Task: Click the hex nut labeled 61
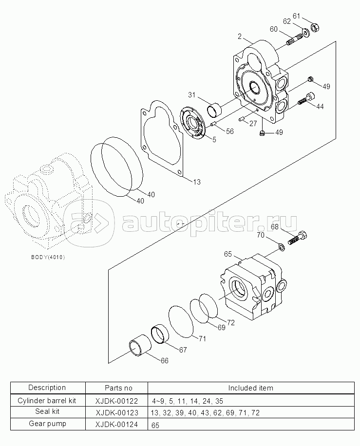[314, 28]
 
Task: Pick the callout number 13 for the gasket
[196, 182]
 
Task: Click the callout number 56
[229, 131]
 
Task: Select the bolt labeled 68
[296, 239]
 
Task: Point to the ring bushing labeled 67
[160, 335]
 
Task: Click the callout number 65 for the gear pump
[227, 254]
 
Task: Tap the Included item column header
[251, 388]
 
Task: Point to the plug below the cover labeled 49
[263, 134]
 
